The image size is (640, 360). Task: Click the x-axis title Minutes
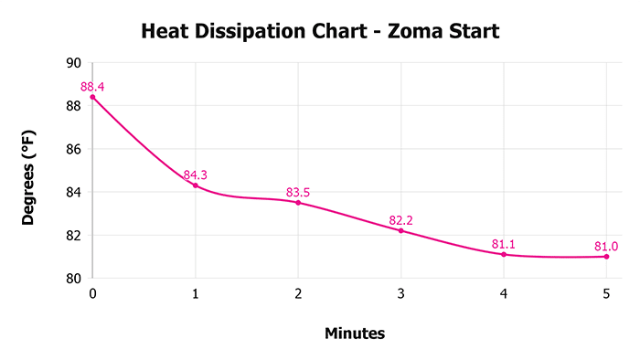click(x=355, y=334)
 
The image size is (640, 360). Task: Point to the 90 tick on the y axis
click(x=72, y=63)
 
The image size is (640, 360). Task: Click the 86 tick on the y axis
click(x=72, y=149)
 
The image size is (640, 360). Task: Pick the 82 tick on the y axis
click(x=72, y=235)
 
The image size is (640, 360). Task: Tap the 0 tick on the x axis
click(x=92, y=293)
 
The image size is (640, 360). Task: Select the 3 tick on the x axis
click(x=400, y=293)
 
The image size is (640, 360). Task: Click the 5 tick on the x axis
click(x=606, y=293)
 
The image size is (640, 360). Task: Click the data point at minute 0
click(x=92, y=97)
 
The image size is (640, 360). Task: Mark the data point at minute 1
click(x=196, y=185)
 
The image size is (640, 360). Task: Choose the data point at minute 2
click(x=298, y=202)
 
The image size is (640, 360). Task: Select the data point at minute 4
click(x=504, y=254)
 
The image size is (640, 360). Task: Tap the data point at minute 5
click(x=606, y=257)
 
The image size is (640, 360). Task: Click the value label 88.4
click(x=92, y=87)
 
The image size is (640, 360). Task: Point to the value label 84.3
click(x=196, y=175)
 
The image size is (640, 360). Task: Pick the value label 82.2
click(x=400, y=220)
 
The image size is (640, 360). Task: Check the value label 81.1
click(x=504, y=244)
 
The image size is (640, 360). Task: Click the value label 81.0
click(x=606, y=246)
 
